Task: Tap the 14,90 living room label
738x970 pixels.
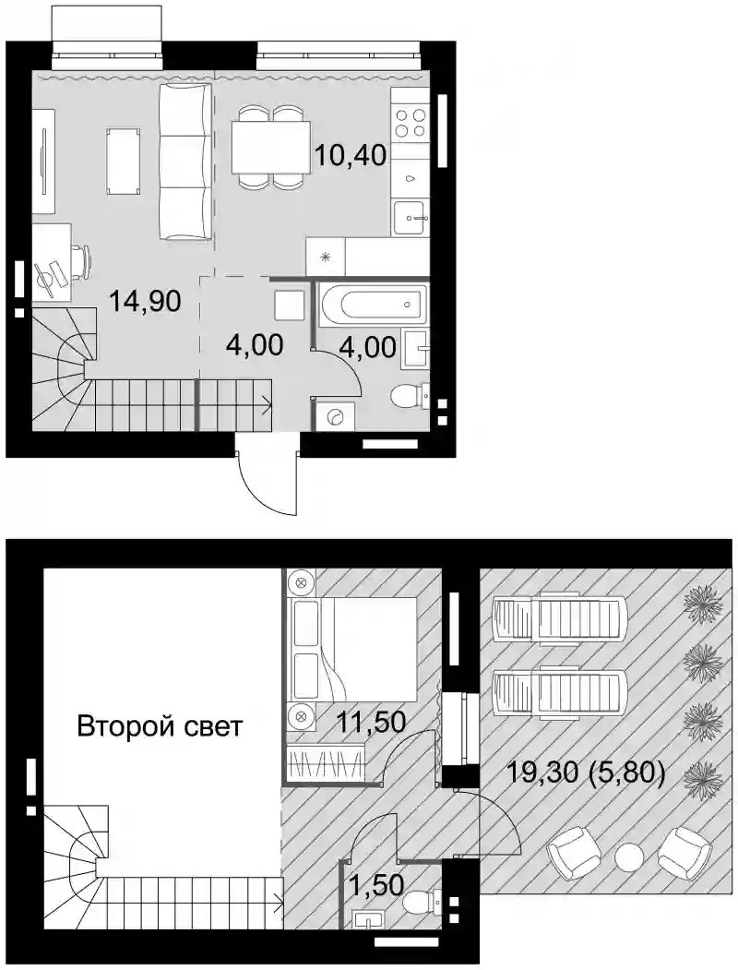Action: coord(145,301)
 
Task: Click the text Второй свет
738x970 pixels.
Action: coord(161,725)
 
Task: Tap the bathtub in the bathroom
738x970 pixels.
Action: coord(374,305)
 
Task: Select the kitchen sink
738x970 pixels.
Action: coord(410,218)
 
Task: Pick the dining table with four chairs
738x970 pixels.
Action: coord(271,148)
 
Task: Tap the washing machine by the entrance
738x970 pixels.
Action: coord(335,416)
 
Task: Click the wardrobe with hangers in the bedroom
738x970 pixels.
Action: coord(327,762)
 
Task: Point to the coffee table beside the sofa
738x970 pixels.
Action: coord(124,161)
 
